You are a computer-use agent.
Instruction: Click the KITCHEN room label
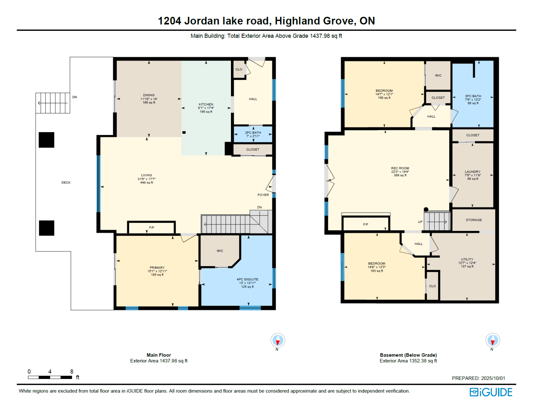pyautogui.click(x=206, y=104)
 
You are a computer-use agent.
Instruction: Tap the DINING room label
pyautogui.click(x=149, y=95)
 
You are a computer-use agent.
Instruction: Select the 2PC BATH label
pyautogui.click(x=253, y=133)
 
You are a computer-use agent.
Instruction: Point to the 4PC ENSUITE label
pyautogui.click(x=247, y=279)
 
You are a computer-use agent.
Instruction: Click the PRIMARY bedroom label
pyautogui.click(x=157, y=267)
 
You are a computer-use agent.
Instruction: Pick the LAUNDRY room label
pyautogui.click(x=473, y=172)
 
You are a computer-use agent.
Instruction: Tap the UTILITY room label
pyautogui.click(x=467, y=259)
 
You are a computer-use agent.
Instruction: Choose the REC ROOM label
pyautogui.click(x=400, y=168)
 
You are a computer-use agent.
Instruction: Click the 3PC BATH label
pyautogui.click(x=473, y=96)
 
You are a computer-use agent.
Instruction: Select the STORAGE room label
pyautogui.click(x=474, y=220)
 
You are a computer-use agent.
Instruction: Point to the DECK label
pyautogui.click(x=66, y=183)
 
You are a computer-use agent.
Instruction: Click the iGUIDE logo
pyautogui.click(x=491, y=392)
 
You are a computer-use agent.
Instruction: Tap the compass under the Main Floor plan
pyautogui.click(x=278, y=340)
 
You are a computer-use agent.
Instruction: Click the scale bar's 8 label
pyautogui.click(x=72, y=371)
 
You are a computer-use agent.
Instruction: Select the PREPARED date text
pyautogui.click(x=479, y=378)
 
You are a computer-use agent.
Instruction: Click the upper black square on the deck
pyautogui.click(x=46, y=140)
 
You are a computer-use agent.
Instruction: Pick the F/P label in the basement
pyautogui.click(x=366, y=224)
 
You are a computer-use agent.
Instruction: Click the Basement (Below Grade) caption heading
pyautogui.click(x=408, y=355)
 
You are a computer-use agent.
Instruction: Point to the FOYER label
pyautogui.click(x=263, y=195)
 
